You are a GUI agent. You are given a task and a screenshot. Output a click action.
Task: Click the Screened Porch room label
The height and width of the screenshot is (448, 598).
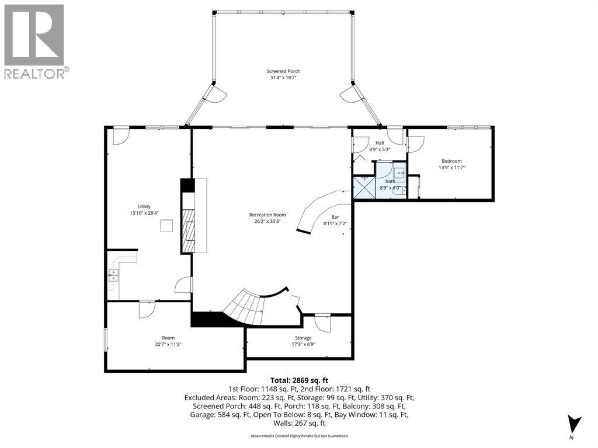pos(283,71)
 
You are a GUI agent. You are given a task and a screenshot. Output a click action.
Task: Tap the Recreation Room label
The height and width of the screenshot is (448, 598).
pos(267,215)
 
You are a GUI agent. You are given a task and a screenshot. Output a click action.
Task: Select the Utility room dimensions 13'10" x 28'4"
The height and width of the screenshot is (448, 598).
pos(144,213)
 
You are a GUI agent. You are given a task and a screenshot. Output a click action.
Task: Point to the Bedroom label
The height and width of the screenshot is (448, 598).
pos(451,161)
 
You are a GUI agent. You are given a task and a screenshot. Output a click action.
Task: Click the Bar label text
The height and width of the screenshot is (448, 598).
pos(335,217)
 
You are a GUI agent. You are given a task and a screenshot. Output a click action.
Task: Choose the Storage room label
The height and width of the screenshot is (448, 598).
pos(303,338)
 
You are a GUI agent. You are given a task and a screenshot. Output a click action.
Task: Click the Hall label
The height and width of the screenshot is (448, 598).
pos(380,143)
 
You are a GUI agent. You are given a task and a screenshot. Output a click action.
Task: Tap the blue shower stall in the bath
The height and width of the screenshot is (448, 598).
pos(364,187)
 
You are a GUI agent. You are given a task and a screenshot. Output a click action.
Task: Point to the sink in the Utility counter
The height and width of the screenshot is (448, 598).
pos(114,275)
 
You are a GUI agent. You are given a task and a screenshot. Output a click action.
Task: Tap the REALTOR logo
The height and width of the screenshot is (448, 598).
pos(34,41)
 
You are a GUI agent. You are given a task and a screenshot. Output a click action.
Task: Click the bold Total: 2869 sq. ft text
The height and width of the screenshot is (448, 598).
pos(300,380)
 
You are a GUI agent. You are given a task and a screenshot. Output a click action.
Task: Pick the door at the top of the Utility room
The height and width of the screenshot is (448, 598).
pos(121,136)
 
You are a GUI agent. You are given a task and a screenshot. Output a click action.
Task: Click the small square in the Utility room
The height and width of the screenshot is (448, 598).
pos(166,226)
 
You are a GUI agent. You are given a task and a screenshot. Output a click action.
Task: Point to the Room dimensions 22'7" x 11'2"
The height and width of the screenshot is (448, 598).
pos(168,344)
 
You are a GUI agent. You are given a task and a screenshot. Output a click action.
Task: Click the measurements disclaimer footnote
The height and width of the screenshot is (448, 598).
pos(299,436)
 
